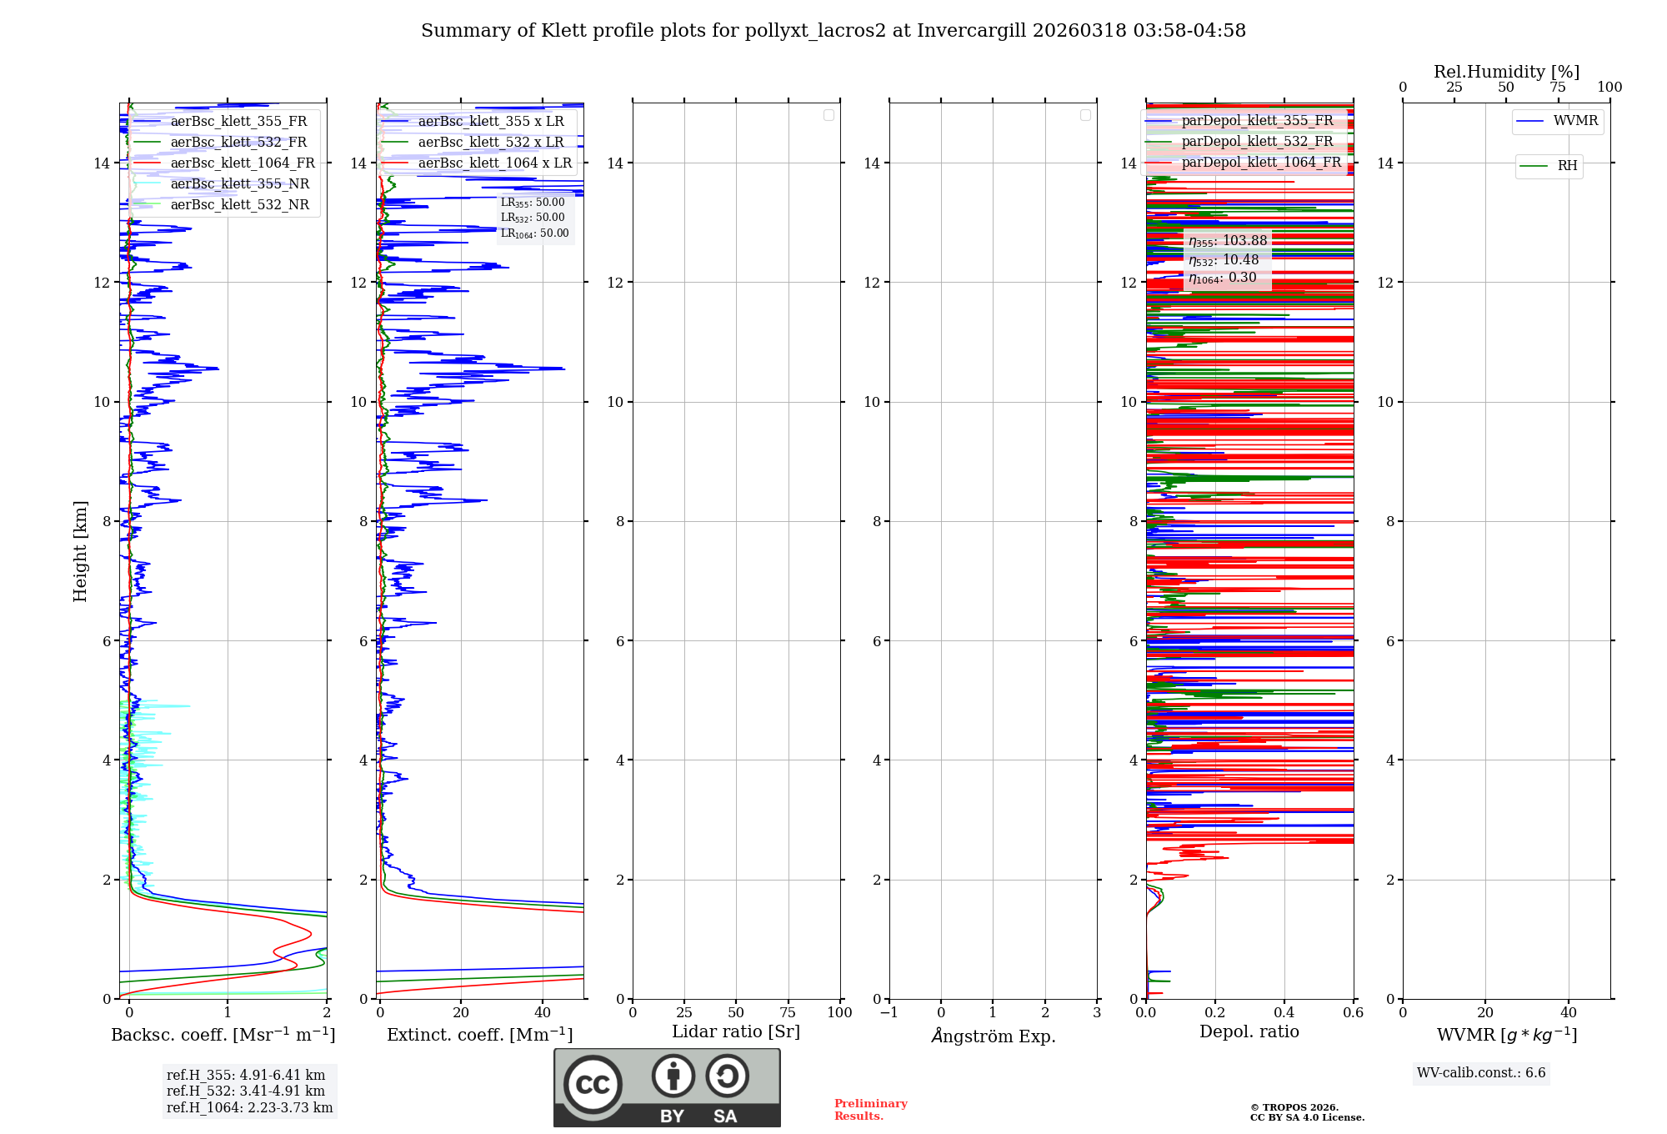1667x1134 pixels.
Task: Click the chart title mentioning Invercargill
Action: click(x=833, y=31)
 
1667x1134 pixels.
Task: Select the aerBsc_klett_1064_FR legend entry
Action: click(x=242, y=163)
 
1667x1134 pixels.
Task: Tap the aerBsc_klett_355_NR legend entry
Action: click(x=239, y=184)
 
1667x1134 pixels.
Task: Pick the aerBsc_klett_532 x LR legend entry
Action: click(x=490, y=143)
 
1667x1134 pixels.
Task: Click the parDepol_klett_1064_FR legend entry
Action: click(x=1260, y=163)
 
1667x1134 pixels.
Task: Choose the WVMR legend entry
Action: click(x=1574, y=122)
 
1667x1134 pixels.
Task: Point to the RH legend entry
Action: click(x=1566, y=166)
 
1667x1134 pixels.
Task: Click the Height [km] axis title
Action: click(x=80, y=550)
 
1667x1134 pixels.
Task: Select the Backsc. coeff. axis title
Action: click(x=223, y=1035)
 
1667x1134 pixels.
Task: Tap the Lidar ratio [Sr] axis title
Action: click(x=735, y=1032)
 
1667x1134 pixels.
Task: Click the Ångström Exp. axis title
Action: click(x=993, y=1036)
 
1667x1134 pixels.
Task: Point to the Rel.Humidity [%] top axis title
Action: click(x=1506, y=72)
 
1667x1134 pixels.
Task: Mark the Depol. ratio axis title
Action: click(x=1249, y=1032)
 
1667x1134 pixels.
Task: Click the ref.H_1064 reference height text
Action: click(x=249, y=1108)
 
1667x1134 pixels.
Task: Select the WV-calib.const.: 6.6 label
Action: click(x=1480, y=1073)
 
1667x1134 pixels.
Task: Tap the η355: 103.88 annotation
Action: click(x=1228, y=241)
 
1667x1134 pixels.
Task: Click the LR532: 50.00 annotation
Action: click(x=533, y=218)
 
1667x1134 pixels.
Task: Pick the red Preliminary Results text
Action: click(x=870, y=1110)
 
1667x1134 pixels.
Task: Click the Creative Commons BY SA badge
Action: click(x=667, y=1087)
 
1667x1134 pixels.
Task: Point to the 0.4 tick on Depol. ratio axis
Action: click(x=1284, y=1012)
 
